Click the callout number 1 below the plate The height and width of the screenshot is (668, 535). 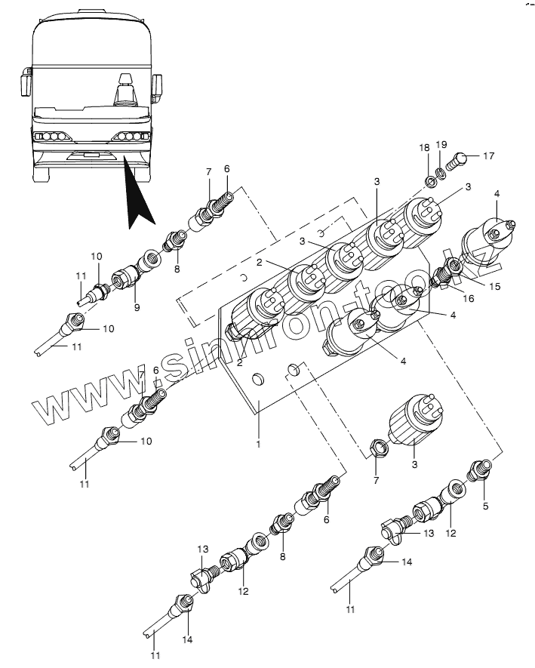click(x=258, y=444)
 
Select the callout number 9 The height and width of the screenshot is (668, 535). click(x=137, y=307)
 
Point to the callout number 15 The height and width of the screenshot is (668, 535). click(x=495, y=286)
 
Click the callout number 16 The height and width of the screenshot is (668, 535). click(x=468, y=299)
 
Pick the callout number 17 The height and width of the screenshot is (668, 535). click(x=488, y=156)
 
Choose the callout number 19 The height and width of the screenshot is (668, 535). click(x=443, y=144)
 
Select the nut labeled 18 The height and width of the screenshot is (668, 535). click(x=431, y=181)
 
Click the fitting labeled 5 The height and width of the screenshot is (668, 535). click(x=480, y=470)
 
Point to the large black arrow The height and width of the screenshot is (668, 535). click(x=140, y=199)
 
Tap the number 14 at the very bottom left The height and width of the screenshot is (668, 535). click(x=187, y=639)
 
